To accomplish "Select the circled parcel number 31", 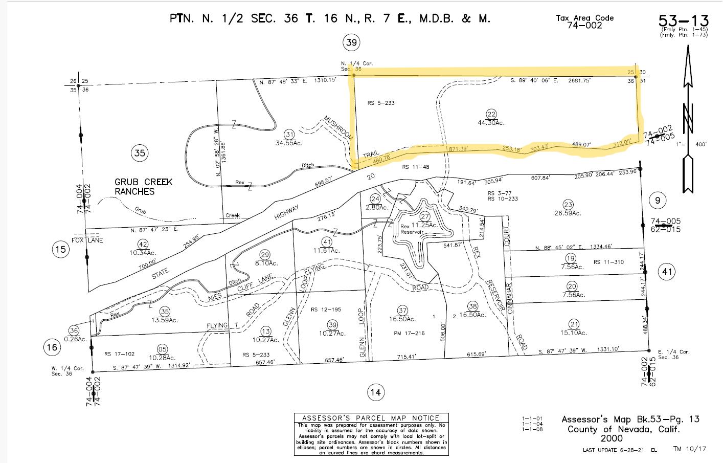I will (290, 135).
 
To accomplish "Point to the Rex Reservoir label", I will (412, 229).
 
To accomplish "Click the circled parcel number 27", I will (424, 216).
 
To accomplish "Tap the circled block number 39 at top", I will (351, 42).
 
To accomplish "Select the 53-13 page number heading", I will (684, 21).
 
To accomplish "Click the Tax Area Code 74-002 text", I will (584, 21).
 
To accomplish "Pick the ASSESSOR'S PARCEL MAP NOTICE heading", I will (371, 418).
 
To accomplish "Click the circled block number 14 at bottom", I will (376, 392).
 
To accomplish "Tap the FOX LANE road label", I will (87, 240).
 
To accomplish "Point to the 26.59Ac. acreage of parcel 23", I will (570, 213).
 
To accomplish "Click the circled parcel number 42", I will (143, 244).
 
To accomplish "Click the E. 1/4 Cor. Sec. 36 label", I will (673, 355).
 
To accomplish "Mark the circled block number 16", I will (52, 347).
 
